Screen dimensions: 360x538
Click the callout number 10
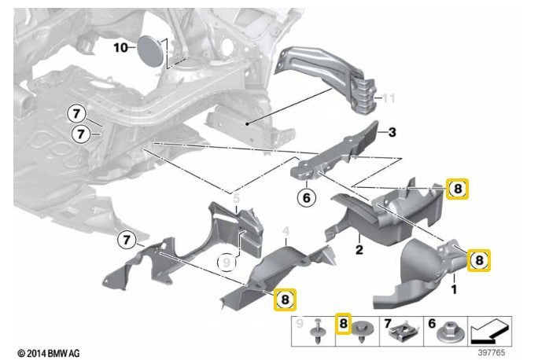coord(120,47)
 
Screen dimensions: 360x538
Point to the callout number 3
coord(392,133)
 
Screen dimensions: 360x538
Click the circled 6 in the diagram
coord(307,197)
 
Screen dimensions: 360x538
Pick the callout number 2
coord(358,251)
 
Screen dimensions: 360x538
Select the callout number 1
coord(453,290)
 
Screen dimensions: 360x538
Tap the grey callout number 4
coord(286,230)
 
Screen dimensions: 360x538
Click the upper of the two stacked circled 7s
coord(78,113)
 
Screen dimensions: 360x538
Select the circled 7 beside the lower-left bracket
coord(127,238)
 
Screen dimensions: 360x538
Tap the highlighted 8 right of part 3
coord(458,189)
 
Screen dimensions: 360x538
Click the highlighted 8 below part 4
coord(285,299)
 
